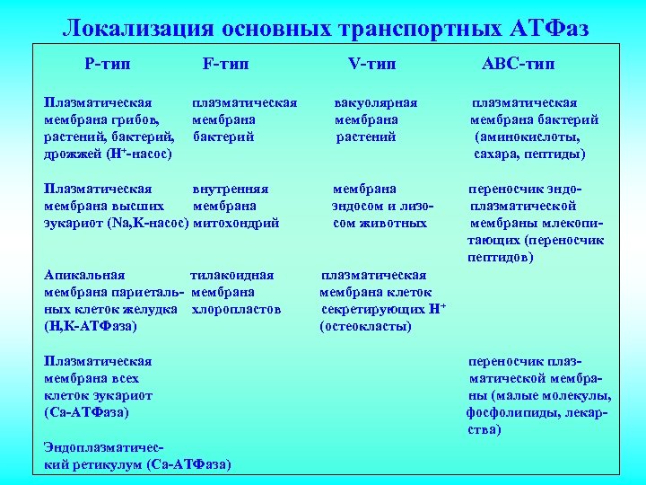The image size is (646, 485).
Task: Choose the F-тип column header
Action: pos(226,64)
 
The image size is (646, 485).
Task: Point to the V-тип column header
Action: pos(371,64)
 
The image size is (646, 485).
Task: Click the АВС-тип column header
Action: pos(518,64)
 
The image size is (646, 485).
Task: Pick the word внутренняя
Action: pos(231,189)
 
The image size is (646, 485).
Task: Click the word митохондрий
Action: pos(236,223)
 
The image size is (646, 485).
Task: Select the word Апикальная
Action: pos(84,275)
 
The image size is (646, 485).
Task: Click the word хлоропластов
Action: pos(237,309)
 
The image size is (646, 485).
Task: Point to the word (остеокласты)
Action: pos(365,326)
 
